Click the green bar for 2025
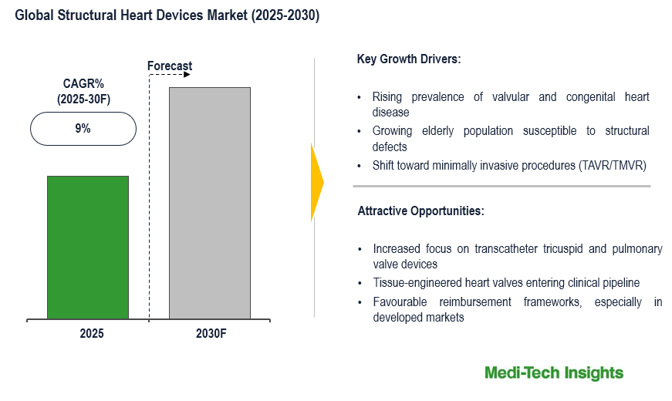coord(87,247)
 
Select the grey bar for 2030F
coord(209,203)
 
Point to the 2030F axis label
coord(211,334)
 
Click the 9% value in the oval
coord(83,129)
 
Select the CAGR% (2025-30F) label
coord(83,92)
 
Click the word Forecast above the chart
coord(170,66)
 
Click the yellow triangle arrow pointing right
coord(317,182)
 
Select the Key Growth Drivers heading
coord(409,59)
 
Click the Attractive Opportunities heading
coord(420,211)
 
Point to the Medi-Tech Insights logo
coord(553,373)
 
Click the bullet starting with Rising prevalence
coord(510,104)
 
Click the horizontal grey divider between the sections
coord(501,186)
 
